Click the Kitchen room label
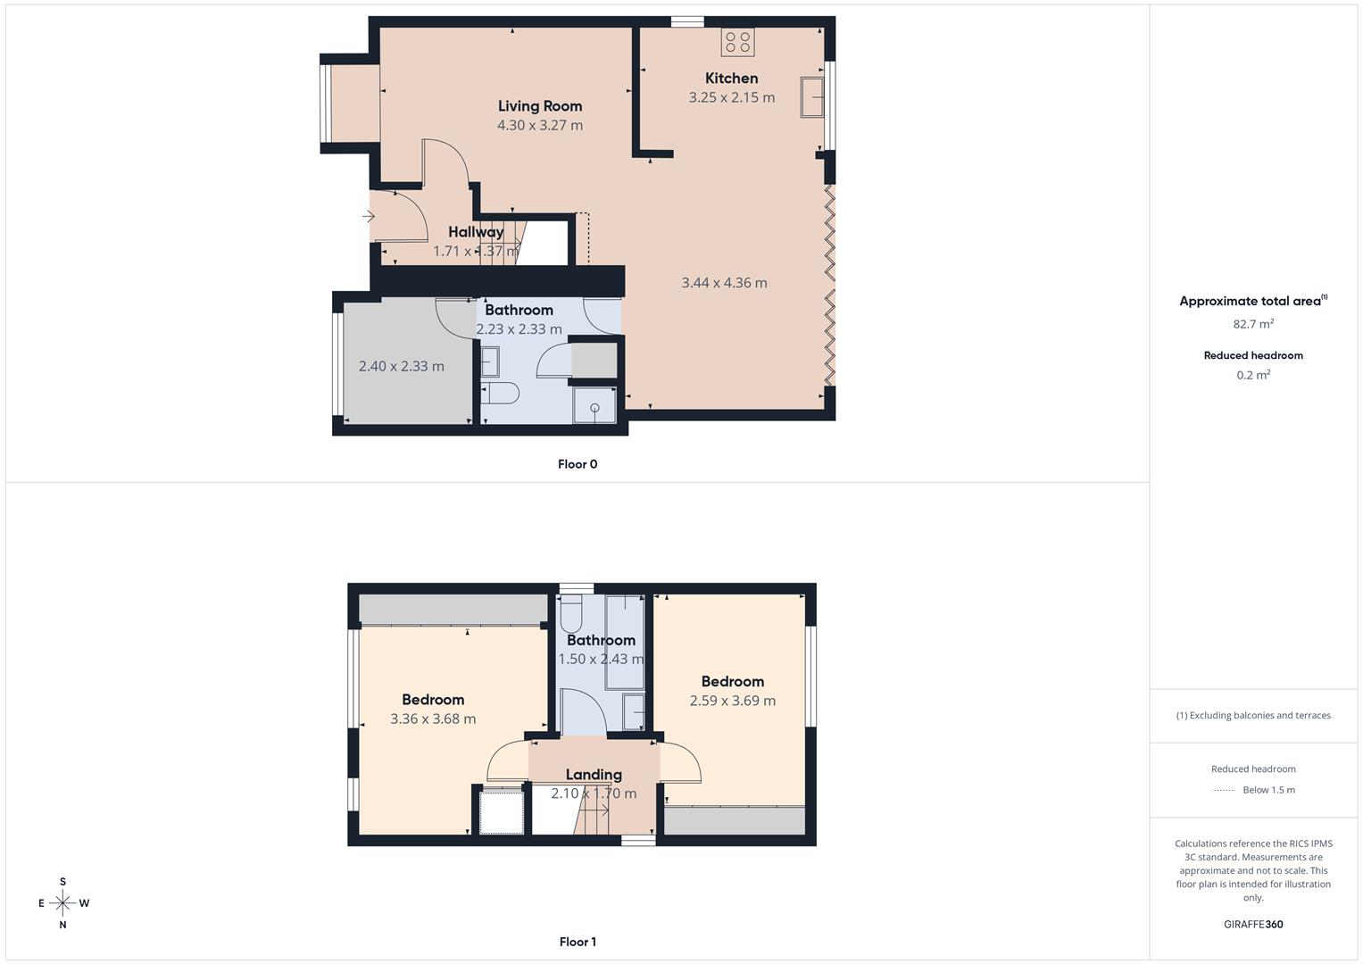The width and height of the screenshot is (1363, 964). click(731, 79)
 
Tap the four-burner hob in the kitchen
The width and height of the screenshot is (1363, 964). click(738, 41)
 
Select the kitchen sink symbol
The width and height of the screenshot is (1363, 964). click(812, 96)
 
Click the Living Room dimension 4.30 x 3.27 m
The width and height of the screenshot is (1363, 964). click(540, 126)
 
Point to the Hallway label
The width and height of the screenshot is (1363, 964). click(476, 232)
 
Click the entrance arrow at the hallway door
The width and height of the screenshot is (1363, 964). click(369, 216)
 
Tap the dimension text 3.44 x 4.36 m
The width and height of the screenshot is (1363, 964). click(724, 283)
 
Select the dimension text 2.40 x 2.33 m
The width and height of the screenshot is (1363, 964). click(401, 366)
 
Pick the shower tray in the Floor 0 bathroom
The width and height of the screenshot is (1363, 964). click(594, 406)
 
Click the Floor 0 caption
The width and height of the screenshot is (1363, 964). click(578, 464)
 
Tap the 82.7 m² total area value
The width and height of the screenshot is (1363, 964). click(1253, 324)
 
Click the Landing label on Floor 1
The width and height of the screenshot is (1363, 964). click(594, 775)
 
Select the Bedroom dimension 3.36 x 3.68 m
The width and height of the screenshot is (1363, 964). click(433, 719)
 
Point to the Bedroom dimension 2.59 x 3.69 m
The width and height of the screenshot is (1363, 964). click(732, 701)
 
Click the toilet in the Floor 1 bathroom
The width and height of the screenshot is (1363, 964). click(570, 613)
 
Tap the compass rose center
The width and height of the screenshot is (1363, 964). click(62, 903)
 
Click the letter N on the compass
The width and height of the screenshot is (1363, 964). click(62, 926)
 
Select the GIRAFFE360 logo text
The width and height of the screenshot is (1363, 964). click(1253, 925)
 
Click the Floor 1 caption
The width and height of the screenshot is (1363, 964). click(578, 942)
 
